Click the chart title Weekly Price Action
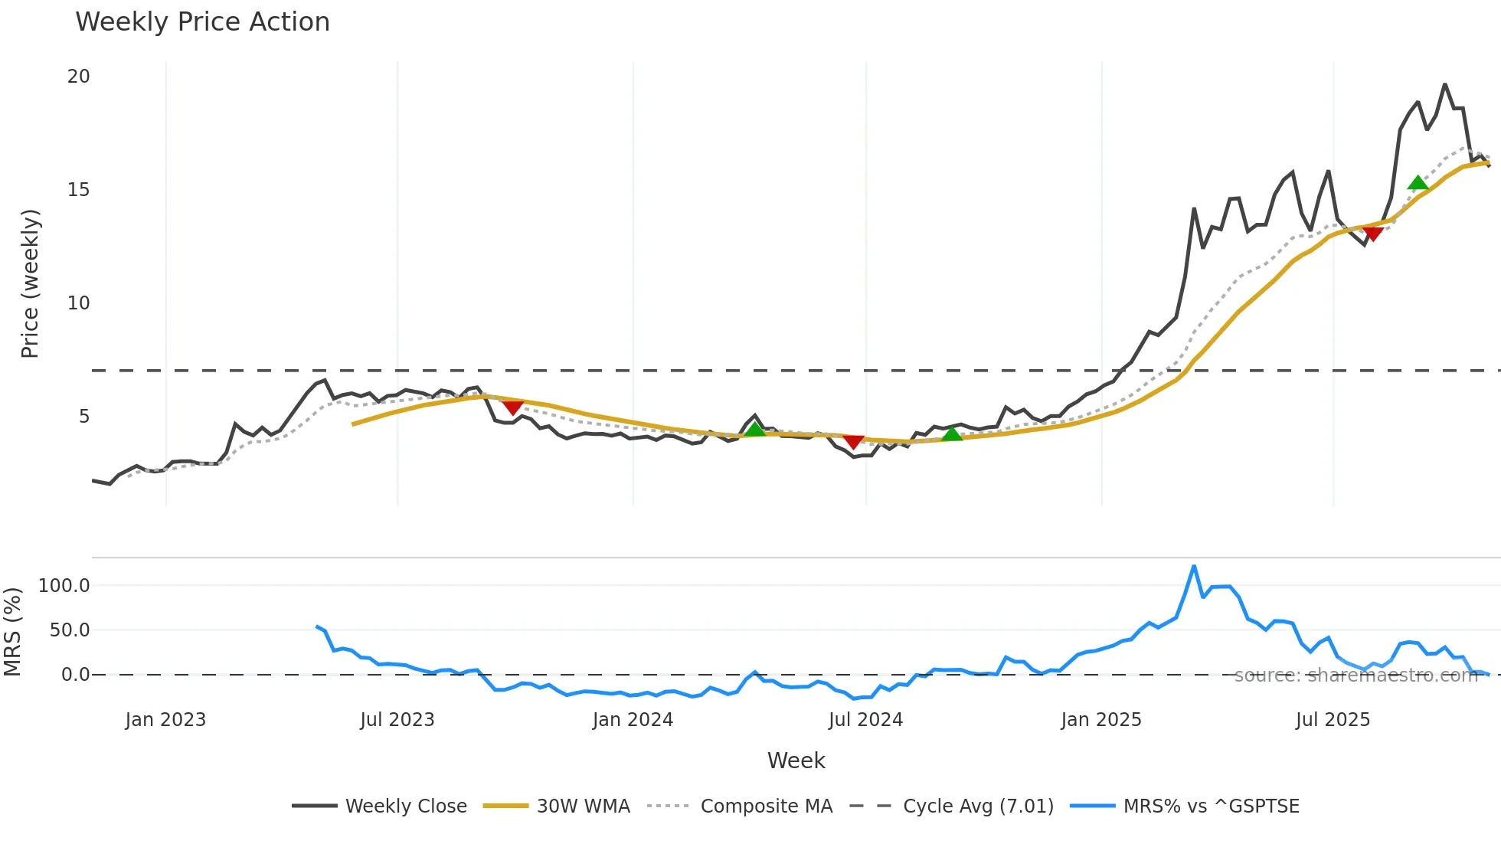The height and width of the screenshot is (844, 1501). click(202, 22)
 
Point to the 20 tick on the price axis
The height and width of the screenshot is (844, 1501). click(78, 77)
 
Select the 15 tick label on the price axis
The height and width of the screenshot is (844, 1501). click(78, 190)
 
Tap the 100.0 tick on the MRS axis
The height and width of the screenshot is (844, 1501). click(64, 586)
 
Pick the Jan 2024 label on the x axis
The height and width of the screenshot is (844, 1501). click(633, 720)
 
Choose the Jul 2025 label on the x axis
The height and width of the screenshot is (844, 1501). click(1333, 720)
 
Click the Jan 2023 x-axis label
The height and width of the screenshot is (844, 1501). click(165, 720)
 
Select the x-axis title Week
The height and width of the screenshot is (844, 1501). click(796, 761)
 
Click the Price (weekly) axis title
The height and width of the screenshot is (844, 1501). click(30, 283)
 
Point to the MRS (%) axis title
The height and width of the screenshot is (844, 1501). click(13, 632)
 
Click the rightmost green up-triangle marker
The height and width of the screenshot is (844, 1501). click(1418, 183)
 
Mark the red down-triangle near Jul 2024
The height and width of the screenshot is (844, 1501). click(853, 442)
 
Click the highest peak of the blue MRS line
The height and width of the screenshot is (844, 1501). click(1194, 567)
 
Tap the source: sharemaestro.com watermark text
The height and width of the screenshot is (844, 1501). click(1355, 676)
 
